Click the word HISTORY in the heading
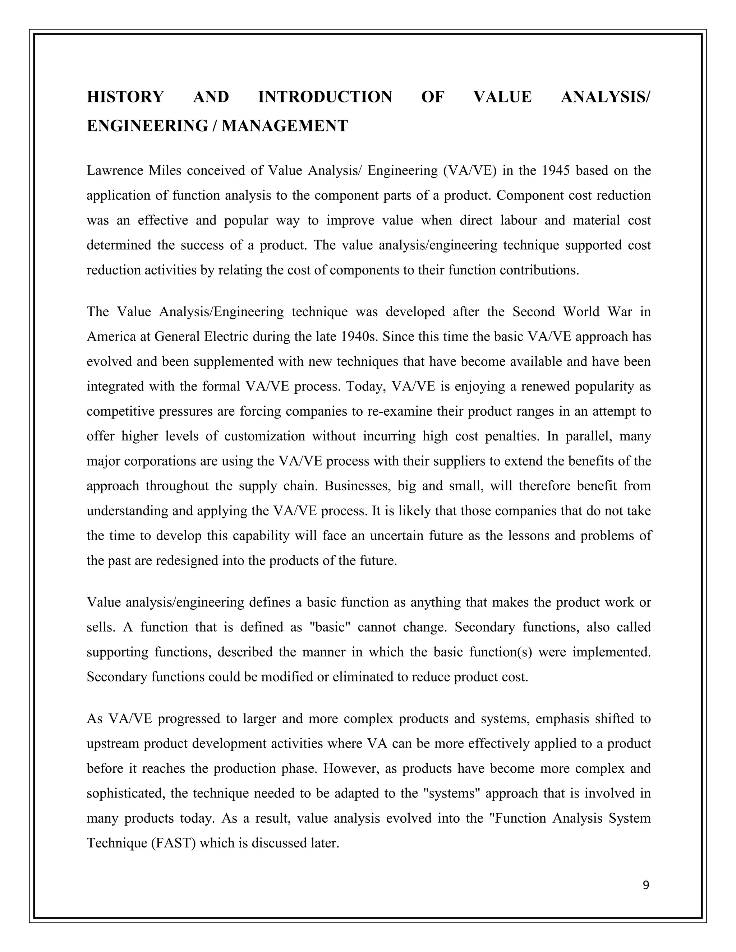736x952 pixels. [125, 97]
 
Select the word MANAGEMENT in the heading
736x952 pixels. [285, 126]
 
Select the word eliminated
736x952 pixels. [364, 677]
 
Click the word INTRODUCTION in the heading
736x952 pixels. [325, 97]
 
